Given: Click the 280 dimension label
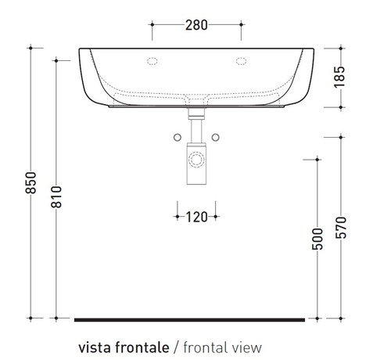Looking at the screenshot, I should click(x=197, y=24).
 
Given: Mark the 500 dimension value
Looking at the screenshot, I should click(x=316, y=238).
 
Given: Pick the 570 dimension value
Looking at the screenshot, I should click(x=340, y=227).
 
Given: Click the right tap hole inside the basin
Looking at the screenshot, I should click(x=239, y=61).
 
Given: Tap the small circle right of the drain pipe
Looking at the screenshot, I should click(x=216, y=139).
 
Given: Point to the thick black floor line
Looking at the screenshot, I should click(x=189, y=319).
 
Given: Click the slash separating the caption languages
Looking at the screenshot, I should click(x=177, y=346).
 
